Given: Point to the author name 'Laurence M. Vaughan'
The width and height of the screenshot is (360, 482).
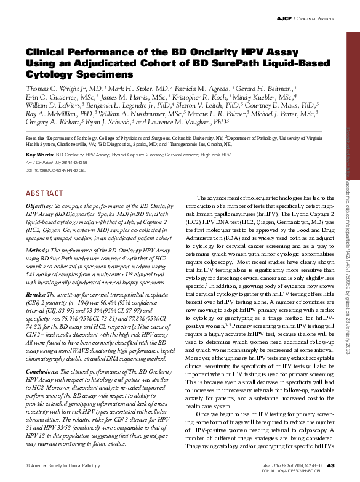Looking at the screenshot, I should coord(193,123).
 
